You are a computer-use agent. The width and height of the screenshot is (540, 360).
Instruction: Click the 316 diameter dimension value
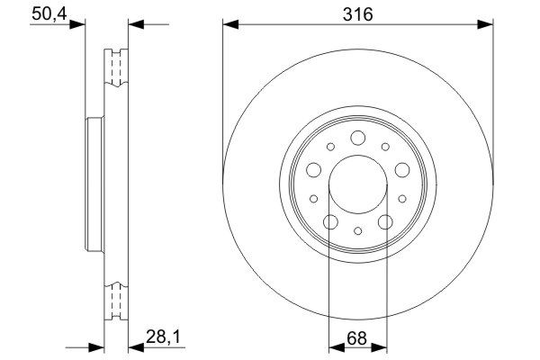[x=358, y=14]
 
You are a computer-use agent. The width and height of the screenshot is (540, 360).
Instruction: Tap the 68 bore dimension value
[x=357, y=340]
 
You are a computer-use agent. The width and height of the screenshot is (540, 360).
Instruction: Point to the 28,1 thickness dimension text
[x=158, y=340]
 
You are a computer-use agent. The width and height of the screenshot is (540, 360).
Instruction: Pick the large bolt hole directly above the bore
[x=357, y=138]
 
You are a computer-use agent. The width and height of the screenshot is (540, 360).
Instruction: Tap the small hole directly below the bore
[x=357, y=230]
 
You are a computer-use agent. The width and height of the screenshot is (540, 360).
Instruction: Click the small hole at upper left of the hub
[x=330, y=146]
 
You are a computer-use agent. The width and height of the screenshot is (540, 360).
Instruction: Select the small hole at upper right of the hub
[x=384, y=146]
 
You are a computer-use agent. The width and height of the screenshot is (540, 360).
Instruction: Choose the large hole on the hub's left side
[x=313, y=168]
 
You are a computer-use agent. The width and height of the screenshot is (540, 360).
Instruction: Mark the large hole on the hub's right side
[x=401, y=168]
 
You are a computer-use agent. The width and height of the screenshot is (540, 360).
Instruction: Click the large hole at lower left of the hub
[x=330, y=221]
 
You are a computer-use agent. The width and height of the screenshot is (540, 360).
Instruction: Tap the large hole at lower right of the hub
[x=385, y=221]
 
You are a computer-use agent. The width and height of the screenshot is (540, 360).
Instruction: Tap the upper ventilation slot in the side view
[x=114, y=67]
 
